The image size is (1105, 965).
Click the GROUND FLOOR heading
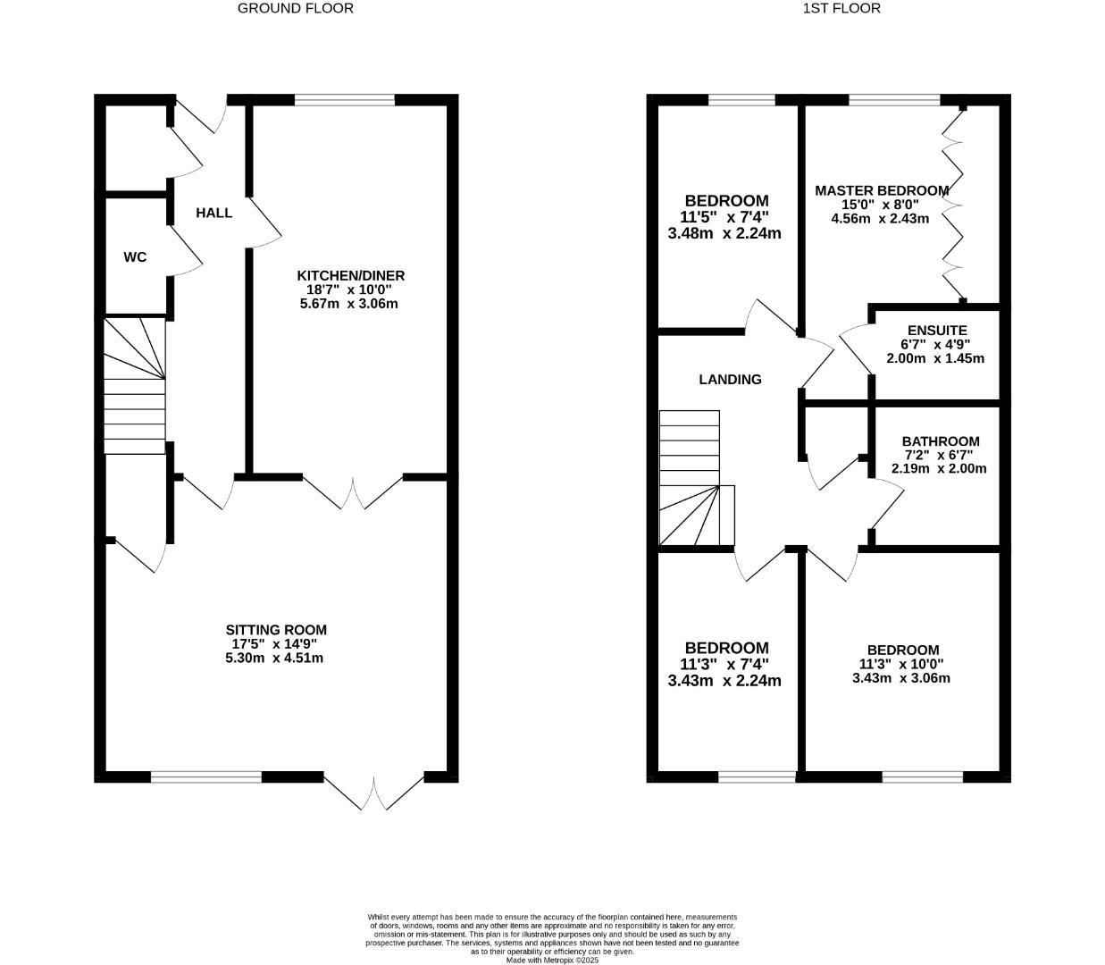(x=295, y=8)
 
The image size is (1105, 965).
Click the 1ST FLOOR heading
(x=841, y=8)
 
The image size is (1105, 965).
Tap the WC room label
(x=135, y=257)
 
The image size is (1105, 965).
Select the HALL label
(x=214, y=213)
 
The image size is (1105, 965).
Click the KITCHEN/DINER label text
(x=350, y=275)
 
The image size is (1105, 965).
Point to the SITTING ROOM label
(x=275, y=630)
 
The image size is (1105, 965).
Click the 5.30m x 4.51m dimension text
(x=274, y=659)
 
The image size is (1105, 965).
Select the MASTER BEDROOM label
(x=881, y=190)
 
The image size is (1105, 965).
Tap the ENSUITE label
(x=936, y=330)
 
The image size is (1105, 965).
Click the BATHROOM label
(x=940, y=441)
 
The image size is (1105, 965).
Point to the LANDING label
(x=730, y=380)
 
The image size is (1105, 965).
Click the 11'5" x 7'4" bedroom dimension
(x=724, y=217)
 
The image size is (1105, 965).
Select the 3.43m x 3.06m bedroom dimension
(x=901, y=678)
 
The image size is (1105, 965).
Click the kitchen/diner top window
(x=344, y=100)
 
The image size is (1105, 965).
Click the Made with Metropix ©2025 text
(x=552, y=960)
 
